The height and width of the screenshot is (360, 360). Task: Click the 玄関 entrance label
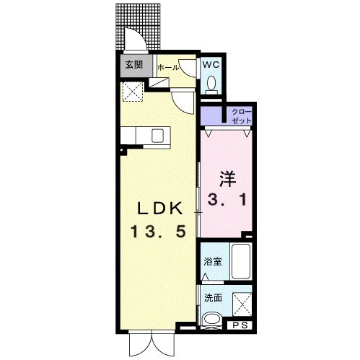pyautogui.click(x=134, y=65)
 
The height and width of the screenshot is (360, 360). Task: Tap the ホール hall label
pyautogui.click(x=168, y=68)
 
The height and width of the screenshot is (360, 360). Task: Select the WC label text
pyautogui.click(x=211, y=64)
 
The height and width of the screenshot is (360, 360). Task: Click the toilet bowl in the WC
pyautogui.click(x=211, y=83)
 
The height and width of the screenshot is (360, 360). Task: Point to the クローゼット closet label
pyautogui.click(x=242, y=116)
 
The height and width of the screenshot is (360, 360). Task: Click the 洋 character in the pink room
pyautogui.click(x=227, y=179)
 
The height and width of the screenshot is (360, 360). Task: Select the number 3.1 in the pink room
pyautogui.click(x=227, y=200)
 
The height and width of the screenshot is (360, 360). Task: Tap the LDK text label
pyautogui.click(x=159, y=208)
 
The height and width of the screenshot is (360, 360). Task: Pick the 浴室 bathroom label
pyautogui.click(x=213, y=261)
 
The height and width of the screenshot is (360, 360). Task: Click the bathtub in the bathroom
pyautogui.click(x=241, y=261)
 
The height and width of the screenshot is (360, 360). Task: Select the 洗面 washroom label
pyautogui.click(x=213, y=298)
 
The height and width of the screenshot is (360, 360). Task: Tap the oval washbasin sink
pyautogui.click(x=211, y=319)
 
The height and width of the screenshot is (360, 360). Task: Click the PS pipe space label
pyautogui.click(x=240, y=325)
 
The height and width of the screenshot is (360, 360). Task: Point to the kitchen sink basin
pyautogui.click(x=158, y=136)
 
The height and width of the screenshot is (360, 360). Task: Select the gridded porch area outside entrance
pyautogui.click(x=138, y=27)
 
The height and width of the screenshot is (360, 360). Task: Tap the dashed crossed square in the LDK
pyautogui.click(x=132, y=92)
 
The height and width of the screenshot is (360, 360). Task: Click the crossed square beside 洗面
pyautogui.click(x=242, y=305)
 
